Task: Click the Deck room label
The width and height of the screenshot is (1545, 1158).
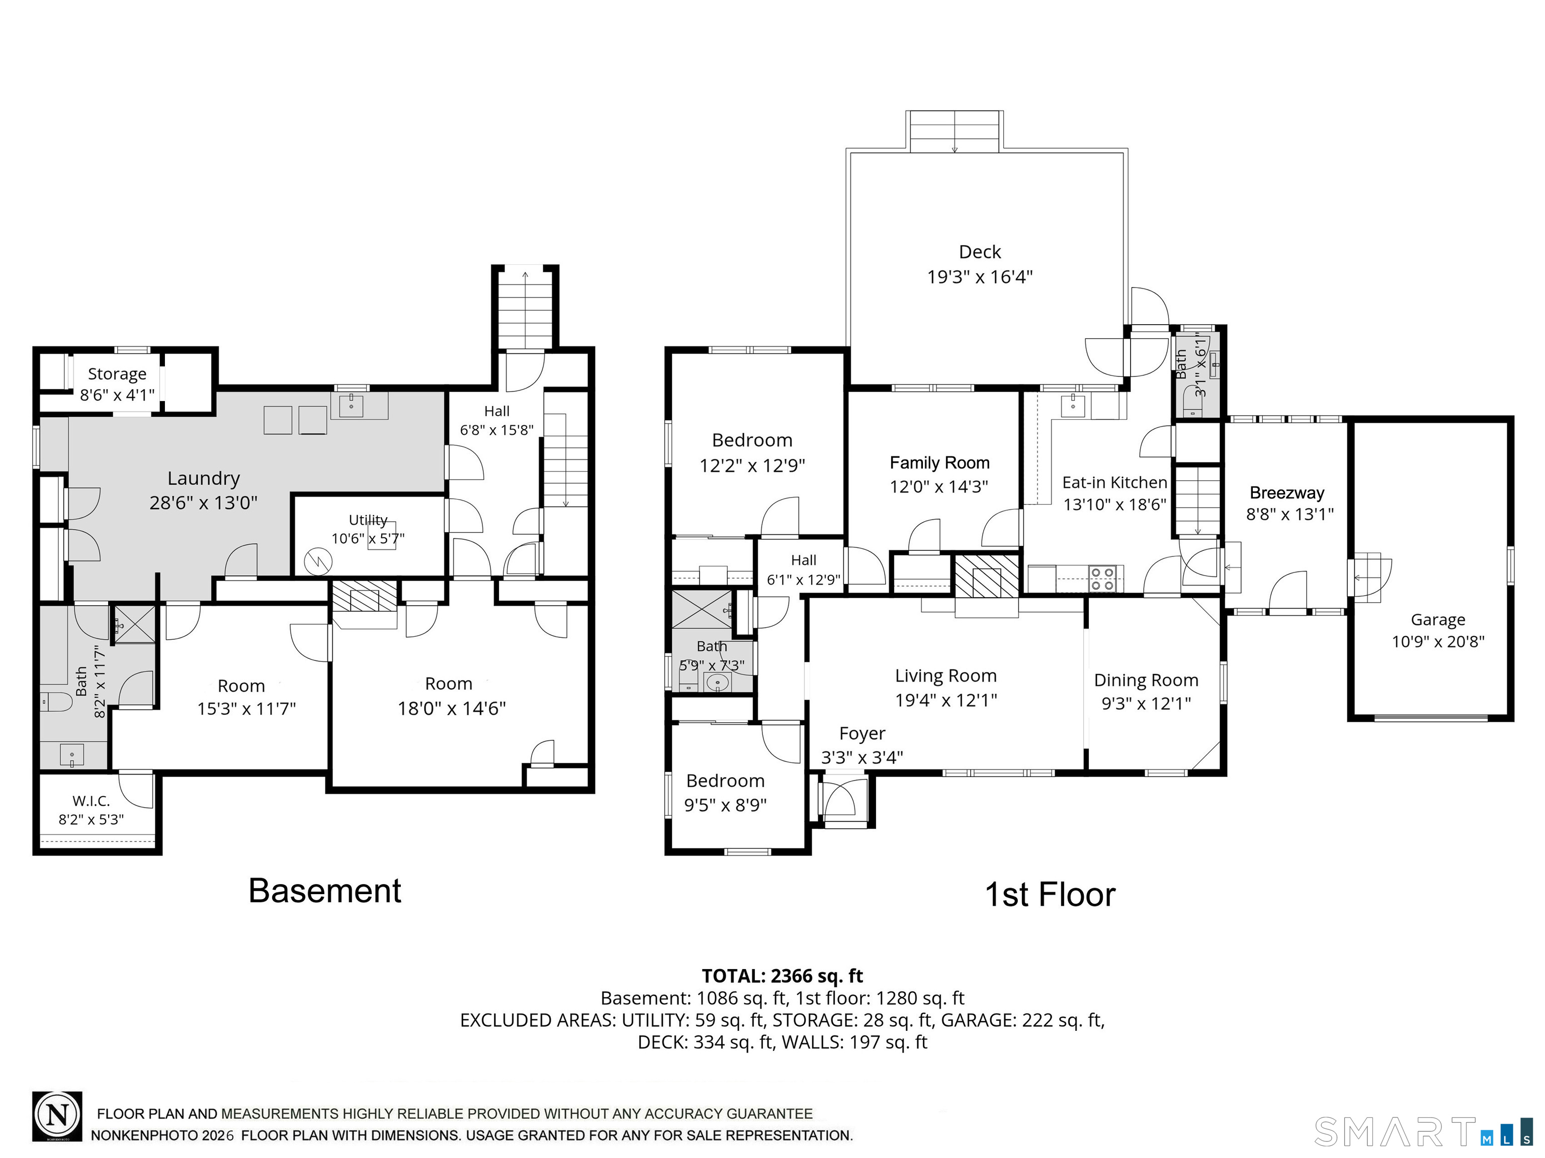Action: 979,252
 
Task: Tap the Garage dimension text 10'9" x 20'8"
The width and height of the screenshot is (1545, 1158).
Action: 1438,641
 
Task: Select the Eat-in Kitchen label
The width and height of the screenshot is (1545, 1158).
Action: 1115,482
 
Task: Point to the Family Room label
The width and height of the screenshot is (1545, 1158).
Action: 939,463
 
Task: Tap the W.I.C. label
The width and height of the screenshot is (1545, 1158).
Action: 91,801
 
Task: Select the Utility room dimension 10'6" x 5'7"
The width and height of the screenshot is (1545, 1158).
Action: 368,538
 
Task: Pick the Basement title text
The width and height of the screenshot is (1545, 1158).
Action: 325,891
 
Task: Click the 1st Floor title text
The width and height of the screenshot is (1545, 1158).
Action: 1050,895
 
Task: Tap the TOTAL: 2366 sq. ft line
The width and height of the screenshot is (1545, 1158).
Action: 782,976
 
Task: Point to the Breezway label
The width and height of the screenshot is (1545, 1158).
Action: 1286,493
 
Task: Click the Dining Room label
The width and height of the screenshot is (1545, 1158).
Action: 1146,680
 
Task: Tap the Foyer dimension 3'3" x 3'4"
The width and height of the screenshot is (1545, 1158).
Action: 862,757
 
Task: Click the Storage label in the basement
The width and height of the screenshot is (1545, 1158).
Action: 117,374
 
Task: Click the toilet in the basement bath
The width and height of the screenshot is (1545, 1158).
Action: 56,701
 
